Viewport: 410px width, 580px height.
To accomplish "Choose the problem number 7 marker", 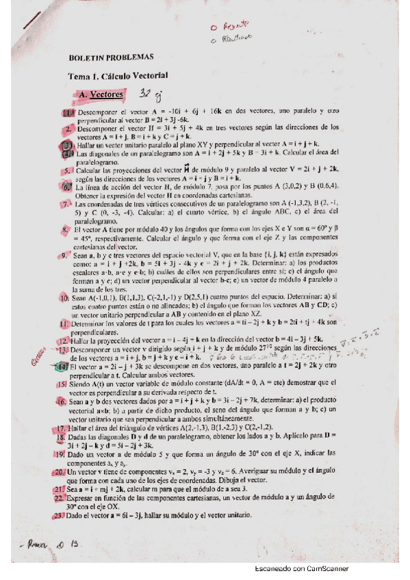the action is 64,203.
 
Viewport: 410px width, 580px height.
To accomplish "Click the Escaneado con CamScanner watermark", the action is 301,568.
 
